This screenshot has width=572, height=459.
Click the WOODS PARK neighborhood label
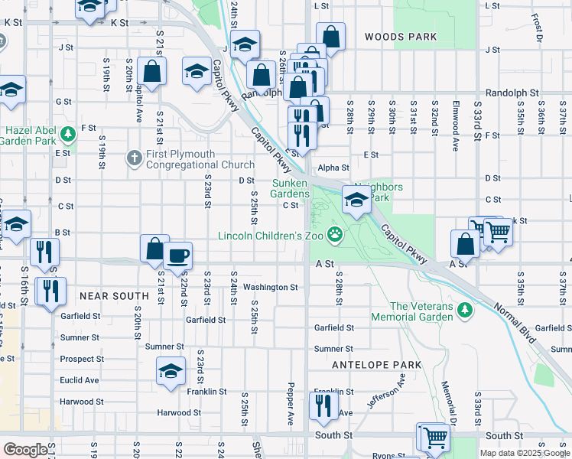point(400,37)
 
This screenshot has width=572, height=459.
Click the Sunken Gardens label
point(291,188)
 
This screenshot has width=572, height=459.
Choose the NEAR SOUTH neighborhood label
point(113,295)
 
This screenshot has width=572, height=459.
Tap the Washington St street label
point(270,287)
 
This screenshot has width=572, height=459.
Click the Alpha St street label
point(333,168)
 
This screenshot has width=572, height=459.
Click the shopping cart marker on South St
point(434,437)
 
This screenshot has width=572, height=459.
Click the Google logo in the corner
point(25,450)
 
